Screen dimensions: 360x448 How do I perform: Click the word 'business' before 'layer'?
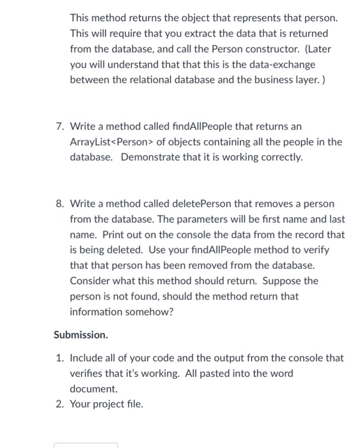tap(262, 81)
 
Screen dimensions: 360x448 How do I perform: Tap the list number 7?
tap(59, 127)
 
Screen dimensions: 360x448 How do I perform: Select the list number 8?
tap(59, 204)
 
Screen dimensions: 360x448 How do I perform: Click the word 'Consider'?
tap(91, 281)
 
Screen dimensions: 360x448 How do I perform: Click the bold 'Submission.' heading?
tap(81, 335)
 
